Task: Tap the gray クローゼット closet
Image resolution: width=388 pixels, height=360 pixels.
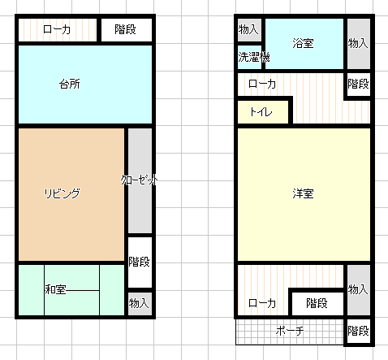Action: pos(140,180)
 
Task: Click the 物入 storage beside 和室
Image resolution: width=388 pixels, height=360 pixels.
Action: pos(140,303)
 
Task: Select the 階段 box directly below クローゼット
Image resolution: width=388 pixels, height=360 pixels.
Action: pos(140,262)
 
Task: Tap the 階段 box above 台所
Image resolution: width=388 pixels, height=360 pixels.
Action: pos(126,29)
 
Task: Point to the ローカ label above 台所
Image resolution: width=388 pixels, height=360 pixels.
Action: pos(56,29)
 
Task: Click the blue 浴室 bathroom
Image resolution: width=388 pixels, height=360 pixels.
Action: pos(304,42)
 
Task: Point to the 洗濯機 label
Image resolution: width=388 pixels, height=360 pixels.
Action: pos(253,58)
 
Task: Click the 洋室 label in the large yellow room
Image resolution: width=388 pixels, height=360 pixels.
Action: pos(304,193)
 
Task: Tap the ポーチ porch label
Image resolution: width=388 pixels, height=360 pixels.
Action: pos(289,331)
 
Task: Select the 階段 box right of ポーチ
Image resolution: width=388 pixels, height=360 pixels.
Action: pos(358,331)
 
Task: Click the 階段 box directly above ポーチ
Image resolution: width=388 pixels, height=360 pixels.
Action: pos(317,303)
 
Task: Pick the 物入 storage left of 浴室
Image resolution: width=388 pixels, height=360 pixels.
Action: pos(248,29)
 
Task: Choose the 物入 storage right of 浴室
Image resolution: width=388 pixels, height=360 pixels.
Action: pos(358,42)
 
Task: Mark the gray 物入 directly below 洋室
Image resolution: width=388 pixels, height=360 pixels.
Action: pos(358,289)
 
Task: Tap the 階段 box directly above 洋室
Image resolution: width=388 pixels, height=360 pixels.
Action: pos(358,85)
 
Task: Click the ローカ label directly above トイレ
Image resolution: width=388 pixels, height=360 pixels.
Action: pos(261,85)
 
